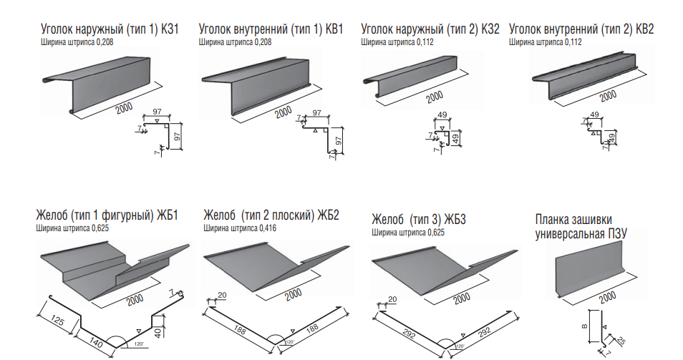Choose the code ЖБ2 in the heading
click(326, 215)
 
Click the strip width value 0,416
click(263, 229)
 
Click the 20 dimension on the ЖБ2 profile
click(221, 295)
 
